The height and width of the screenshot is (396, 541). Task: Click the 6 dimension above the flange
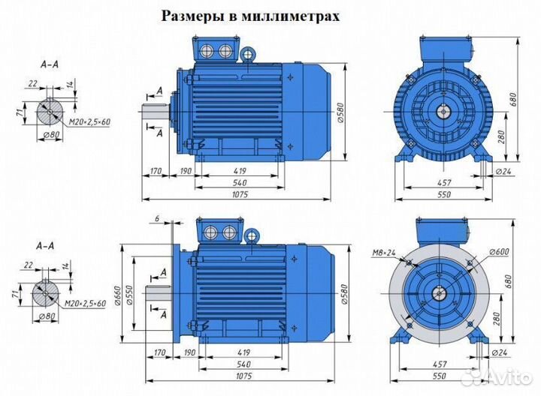[x=156, y=218]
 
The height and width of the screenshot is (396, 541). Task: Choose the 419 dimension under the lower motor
[x=240, y=350]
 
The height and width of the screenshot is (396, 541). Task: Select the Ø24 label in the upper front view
[x=504, y=172]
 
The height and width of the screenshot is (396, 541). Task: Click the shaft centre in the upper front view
[x=443, y=112]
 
